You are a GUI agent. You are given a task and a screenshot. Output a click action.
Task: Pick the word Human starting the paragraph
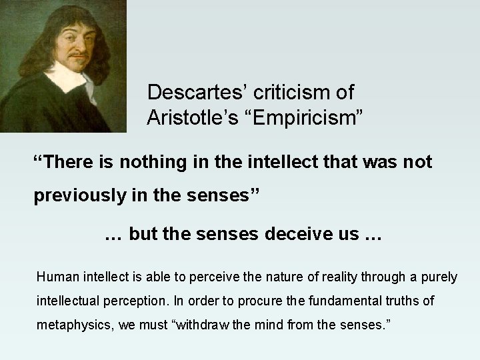pyautogui.click(x=56, y=277)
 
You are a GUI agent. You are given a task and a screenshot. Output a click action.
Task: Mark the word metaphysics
pyautogui.click(x=71, y=326)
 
